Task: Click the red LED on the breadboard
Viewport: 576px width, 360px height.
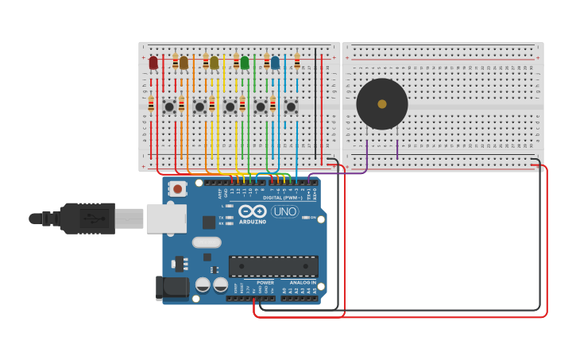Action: point(153,62)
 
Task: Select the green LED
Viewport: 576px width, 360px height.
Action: point(245,62)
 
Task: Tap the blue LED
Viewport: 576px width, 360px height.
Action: point(275,62)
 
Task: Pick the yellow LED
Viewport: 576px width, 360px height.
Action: point(214,62)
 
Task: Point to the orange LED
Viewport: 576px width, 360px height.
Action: point(184,62)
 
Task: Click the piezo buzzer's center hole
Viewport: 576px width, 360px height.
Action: point(382,104)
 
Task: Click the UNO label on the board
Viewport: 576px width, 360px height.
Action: point(284,211)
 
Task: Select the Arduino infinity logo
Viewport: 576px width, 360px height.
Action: point(253,211)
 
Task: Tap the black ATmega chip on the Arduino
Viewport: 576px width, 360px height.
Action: point(273,266)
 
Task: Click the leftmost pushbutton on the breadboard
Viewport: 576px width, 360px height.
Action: point(169,106)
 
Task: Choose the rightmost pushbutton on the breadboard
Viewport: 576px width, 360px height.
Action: point(291,106)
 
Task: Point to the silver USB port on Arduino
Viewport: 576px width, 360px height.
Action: point(166,219)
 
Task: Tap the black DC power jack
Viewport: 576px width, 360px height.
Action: point(172,288)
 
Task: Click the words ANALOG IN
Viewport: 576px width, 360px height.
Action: point(303,282)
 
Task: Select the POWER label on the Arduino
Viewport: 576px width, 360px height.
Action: point(265,282)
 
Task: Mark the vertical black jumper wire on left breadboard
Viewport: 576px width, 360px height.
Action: point(315,99)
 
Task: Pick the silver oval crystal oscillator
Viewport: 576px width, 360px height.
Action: point(207,242)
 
